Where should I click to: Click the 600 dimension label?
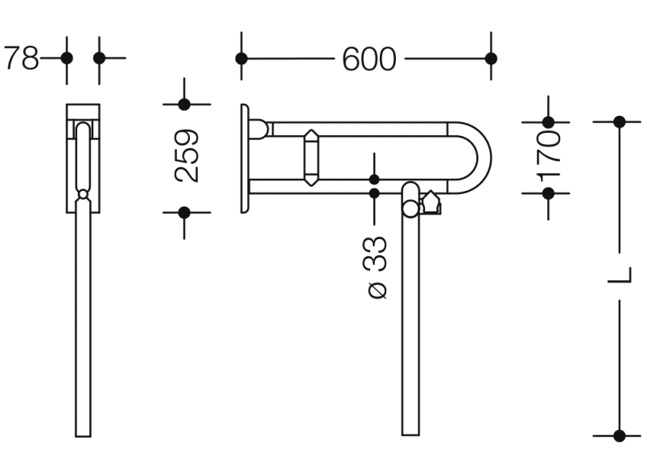369,59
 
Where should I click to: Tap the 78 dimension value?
22,58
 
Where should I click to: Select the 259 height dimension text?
187,156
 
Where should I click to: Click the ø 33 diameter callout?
377,267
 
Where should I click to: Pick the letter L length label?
620,275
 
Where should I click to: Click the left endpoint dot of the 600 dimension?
241,59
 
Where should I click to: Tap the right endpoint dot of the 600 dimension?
491,59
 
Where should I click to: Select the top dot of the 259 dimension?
184,105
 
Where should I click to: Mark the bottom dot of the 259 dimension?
184,213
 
